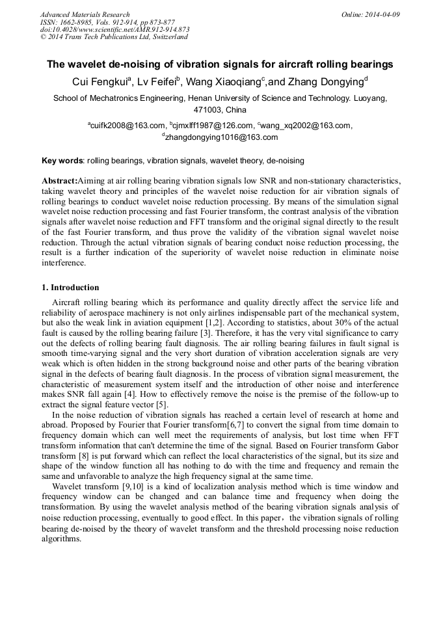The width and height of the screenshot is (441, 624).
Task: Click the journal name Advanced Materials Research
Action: click(x=85, y=14)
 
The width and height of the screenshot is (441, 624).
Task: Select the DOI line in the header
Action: click(x=114, y=29)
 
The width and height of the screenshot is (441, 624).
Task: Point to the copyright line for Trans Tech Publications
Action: click(x=114, y=37)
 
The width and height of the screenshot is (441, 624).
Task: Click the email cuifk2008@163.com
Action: click(x=127, y=126)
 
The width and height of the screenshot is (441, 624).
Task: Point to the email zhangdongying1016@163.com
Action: click(x=220, y=137)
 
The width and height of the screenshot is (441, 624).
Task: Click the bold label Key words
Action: click(x=62, y=160)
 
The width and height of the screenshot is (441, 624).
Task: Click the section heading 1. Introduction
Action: click(x=70, y=288)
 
